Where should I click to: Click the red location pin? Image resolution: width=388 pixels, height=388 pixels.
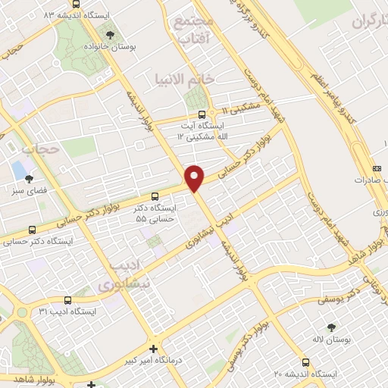tap(195, 177)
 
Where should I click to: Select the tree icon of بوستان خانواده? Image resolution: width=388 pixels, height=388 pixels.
tap(111, 34)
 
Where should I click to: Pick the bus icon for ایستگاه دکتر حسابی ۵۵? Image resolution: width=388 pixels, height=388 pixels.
tap(155, 195)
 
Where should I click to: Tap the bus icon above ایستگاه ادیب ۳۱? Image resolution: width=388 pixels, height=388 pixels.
tap(67, 300)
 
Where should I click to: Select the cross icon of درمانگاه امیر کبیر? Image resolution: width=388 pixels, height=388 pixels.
tap(154, 349)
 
